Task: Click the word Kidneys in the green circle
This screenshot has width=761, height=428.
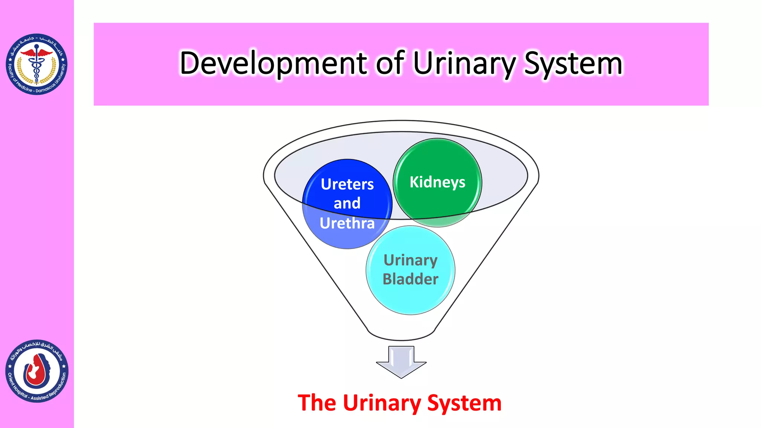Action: [437, 182]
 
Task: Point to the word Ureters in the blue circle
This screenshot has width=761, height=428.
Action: [347, 184]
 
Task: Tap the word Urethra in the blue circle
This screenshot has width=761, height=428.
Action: [347, 223]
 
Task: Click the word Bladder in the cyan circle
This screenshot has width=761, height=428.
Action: [411, 279]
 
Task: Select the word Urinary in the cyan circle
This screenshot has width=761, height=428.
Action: [411, 260]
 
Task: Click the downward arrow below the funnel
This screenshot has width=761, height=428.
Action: [401, 362]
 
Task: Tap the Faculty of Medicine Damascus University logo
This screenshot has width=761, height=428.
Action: [36, 64]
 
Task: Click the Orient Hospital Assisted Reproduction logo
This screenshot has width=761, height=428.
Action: [37, 371]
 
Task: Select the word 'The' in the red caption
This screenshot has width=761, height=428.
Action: [317, 403]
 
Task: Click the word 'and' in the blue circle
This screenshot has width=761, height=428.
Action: [347, 204]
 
